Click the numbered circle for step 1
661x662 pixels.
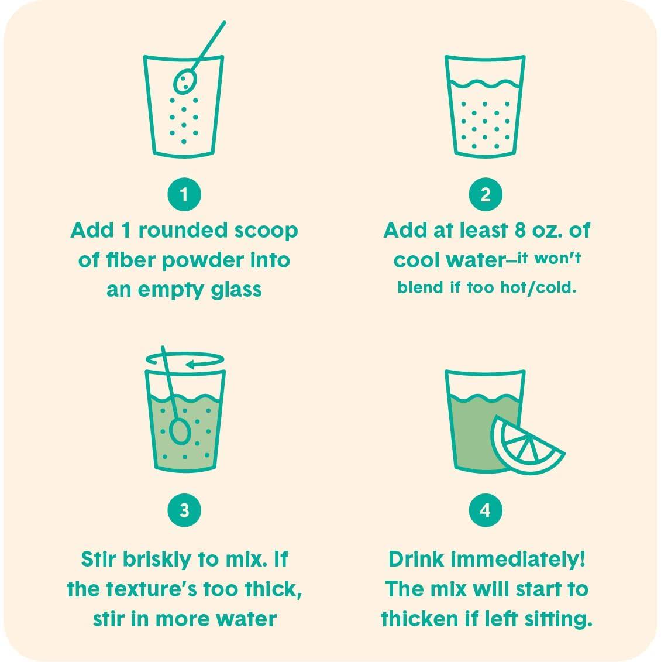point(184,194)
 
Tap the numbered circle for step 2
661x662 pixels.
point(486,194)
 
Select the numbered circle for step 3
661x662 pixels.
point(184,510)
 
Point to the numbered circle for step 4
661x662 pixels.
point(486,510)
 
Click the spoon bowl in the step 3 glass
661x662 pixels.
point(180,431)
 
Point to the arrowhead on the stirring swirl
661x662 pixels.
point(190,364)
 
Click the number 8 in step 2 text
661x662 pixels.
point(520,231)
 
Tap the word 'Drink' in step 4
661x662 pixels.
point(416,560)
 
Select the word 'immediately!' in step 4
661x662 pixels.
point(518,560)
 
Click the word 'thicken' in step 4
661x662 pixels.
point(420,619)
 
